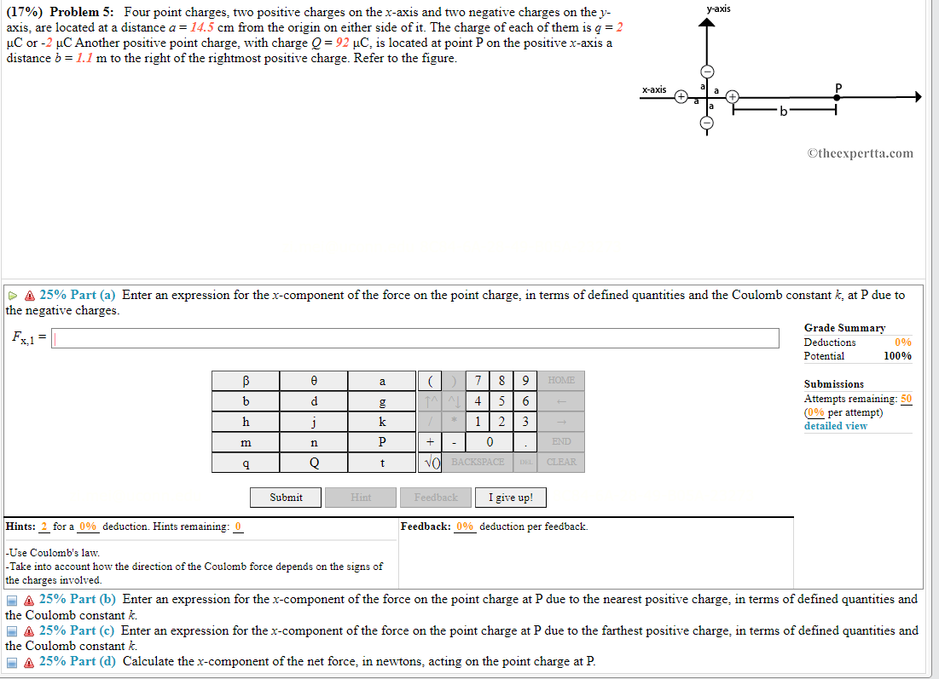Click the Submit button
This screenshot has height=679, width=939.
(286, 498)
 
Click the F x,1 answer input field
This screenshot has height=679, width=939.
(416, 338)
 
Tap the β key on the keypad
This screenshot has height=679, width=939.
(246, 381)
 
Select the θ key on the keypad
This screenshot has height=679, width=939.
(314, 381)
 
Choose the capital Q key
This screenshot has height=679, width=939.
(314, 463)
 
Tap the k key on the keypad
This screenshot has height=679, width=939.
(382, 422)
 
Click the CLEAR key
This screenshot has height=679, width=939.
(561, 463)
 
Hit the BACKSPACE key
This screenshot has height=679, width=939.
(478, 463)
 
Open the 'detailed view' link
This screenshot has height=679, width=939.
(835, 426)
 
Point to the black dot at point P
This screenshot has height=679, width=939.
(838, 97)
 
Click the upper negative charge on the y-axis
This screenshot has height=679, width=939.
(706, 72)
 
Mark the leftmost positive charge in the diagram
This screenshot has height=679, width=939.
(681, 97)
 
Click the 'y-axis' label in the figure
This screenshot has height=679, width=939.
(718, 9)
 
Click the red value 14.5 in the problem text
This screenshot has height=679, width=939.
(203, 26)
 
